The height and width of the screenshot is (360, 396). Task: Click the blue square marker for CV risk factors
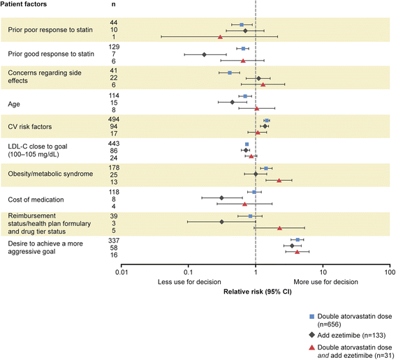(x=267, y=121)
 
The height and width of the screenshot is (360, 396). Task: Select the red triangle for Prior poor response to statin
(x=220, y=37)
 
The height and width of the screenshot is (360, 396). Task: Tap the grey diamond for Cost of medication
(x=221, y=198)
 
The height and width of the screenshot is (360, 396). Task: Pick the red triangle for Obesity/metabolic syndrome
(x=279, y=181)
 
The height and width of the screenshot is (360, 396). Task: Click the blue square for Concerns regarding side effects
(x=230, y=73)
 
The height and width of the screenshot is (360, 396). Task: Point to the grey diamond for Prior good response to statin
(x=204, y=54)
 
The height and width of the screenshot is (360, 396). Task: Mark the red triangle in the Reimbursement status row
(x=279, y=228)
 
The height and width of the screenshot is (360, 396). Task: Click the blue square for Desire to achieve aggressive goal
(x=298, y=240)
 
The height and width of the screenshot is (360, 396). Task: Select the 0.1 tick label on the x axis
(x=188, y=272)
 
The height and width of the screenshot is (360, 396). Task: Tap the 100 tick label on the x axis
(x=390, y=272)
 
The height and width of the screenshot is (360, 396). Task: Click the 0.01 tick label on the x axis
(x=121, y=272)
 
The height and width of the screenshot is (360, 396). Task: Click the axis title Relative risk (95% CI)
(x=257, y=292)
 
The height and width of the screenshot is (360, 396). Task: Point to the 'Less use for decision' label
(x=189, y=282)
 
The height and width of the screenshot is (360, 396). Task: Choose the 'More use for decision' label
(x=325, y=282)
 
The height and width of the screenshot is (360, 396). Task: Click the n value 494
(x=114, y=119)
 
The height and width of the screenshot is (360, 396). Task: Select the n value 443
(x=114, y=144)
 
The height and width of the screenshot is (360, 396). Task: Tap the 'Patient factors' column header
(x=24, y=4)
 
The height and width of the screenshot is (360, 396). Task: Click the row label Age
(x=14, y=104)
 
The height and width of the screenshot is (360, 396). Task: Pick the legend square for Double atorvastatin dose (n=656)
(x=312, y=316)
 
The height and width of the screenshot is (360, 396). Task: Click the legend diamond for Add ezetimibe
(x=312, y=335)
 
